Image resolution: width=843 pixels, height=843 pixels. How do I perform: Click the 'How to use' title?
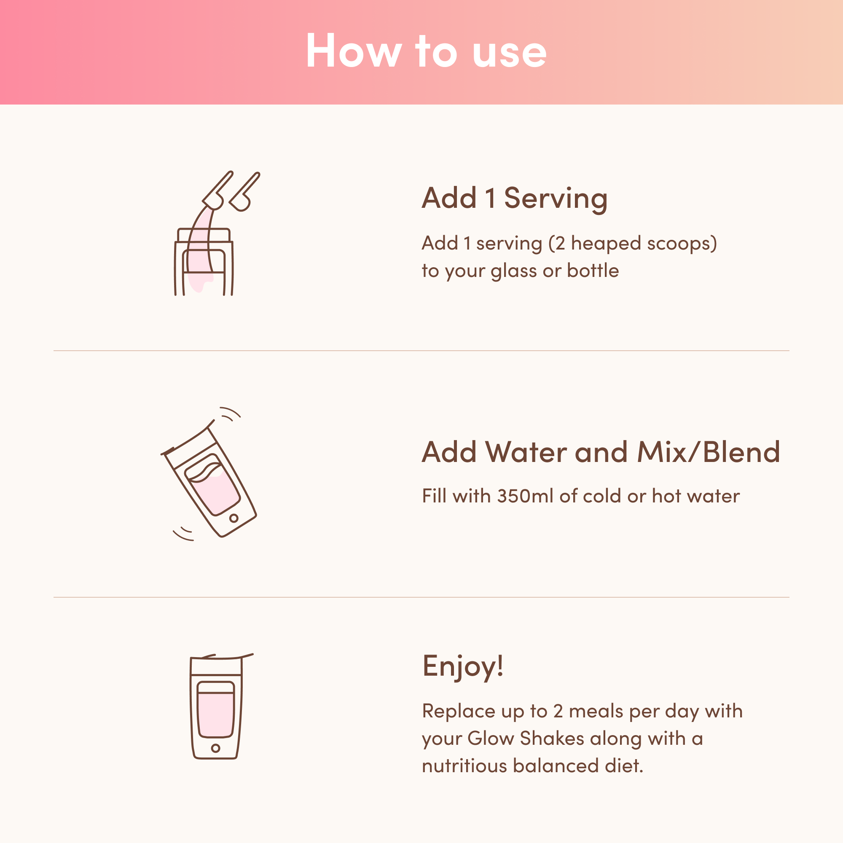[x=426, y=51]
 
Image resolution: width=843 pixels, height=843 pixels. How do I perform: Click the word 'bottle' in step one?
[x=593, y=271]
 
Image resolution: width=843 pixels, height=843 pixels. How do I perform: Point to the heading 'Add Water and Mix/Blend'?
[x=600, y=452]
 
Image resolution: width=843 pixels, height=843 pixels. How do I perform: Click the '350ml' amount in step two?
[x=525, y=496]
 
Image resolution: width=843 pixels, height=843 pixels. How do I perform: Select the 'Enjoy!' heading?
[x=463, y=666]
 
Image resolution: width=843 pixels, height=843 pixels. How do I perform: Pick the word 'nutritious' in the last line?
[x=464, y=766]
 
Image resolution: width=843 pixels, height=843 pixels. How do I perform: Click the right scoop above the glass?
[x=245, y=191]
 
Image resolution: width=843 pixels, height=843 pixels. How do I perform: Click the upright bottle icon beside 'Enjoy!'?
[x=216, y=707]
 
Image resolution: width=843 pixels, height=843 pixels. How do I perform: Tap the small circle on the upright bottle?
[x=215, y=748]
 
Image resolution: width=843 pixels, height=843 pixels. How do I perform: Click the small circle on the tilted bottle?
[x=234, y=518]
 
